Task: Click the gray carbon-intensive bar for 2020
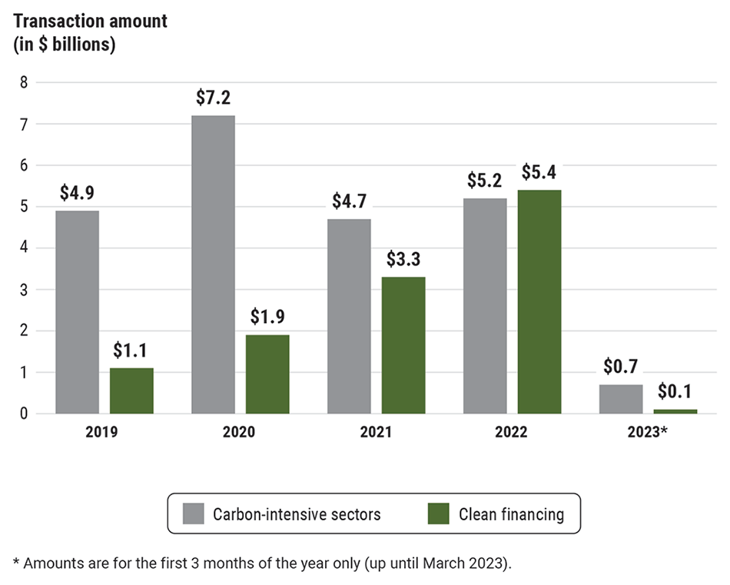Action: click(213, 264)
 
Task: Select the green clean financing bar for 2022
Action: click(539, 301)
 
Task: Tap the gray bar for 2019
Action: click(77, 312)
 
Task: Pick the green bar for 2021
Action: click(403, 344)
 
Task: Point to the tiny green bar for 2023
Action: click(675, 411)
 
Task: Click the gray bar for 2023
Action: click(621, 399)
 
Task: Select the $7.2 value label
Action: click(213, 98)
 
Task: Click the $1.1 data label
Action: click(132, 351)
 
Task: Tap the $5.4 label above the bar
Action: click(539, 172)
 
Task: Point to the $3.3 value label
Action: click(403, 259)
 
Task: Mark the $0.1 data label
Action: click(675, 392)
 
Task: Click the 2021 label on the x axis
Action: click(376, 432)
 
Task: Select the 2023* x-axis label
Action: click(648, 432)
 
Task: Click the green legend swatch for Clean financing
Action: click(439, 514)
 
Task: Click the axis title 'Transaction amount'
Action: click(90, 21)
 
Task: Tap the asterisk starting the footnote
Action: click(16, 561)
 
